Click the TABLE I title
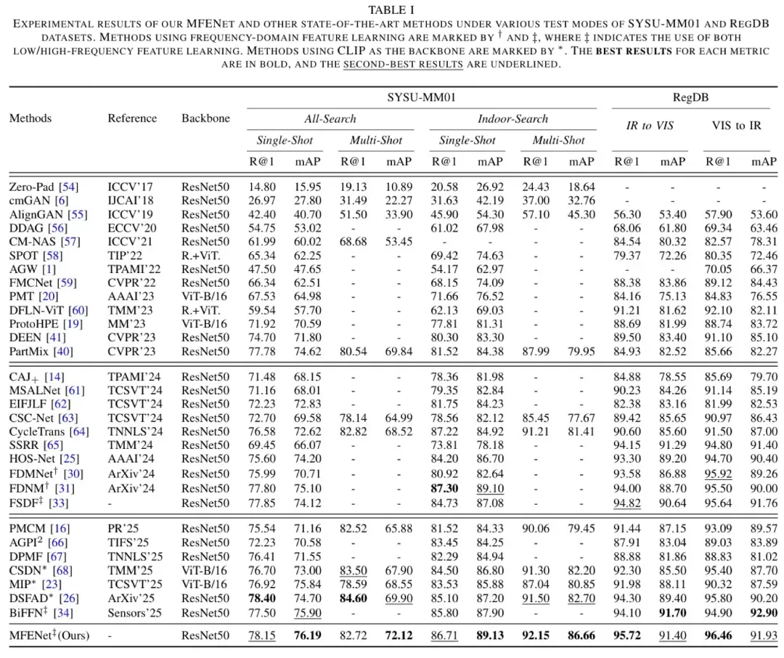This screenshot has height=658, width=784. pos(392,9)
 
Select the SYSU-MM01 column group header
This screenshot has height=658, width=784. pos(421,97)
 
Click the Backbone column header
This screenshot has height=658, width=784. pos(205,118)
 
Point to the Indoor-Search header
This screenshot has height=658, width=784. pos(513,118)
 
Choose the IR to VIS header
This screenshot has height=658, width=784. pos(650,126)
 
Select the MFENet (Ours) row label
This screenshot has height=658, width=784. pos(49,635)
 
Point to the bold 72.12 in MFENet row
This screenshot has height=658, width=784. pos(399,635)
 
